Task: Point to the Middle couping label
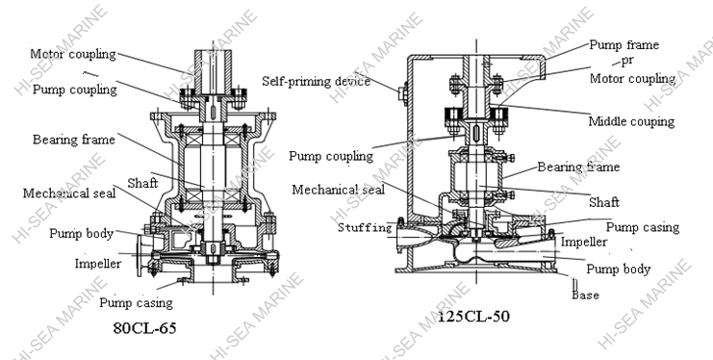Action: tap(631, 121)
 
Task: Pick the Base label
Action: tap(585, 295)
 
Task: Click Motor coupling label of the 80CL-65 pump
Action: tap(73, 54)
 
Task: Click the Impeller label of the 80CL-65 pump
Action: tap(97, 263)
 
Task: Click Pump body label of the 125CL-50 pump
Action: tap(619, 269)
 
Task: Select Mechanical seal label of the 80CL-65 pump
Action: tap(69, 193)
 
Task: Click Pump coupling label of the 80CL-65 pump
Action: tap(75, 90)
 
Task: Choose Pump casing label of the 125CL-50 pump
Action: tap(643, 227)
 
